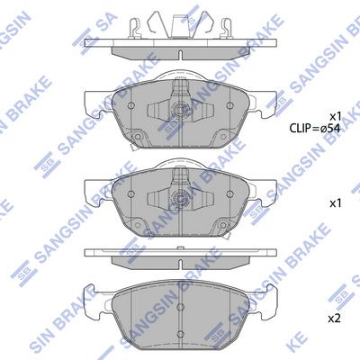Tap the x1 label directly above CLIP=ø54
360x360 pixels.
[334, 116]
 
